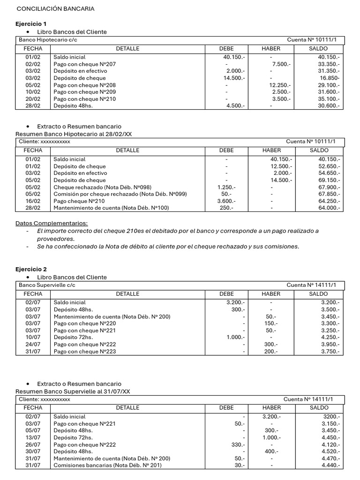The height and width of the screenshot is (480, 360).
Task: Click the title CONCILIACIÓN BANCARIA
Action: [55, 9]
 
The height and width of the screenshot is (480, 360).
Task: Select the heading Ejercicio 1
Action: [31, 23]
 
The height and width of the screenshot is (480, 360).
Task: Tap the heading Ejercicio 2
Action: [31, 269]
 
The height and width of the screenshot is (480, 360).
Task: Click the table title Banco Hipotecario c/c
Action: [46, 40]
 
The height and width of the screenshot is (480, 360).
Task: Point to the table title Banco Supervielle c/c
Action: [46, 285]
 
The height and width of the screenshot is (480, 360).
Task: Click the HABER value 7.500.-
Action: [281, 64]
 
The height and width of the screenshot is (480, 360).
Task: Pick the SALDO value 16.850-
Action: [330, 78]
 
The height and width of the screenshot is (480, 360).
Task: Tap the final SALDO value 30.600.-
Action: [330, 106]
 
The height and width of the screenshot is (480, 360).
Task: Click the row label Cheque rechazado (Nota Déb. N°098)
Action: [103, 187]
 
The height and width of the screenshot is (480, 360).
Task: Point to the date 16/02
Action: [33, 201]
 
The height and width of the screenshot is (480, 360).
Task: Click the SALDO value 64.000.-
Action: [330, 208]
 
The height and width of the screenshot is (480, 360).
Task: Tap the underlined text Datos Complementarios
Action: [52, 223]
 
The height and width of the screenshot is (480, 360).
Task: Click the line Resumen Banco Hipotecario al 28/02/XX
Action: [74, 134]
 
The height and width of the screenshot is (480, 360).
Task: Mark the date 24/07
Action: [33, 345]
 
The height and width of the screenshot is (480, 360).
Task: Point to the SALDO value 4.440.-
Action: [330, 465]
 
